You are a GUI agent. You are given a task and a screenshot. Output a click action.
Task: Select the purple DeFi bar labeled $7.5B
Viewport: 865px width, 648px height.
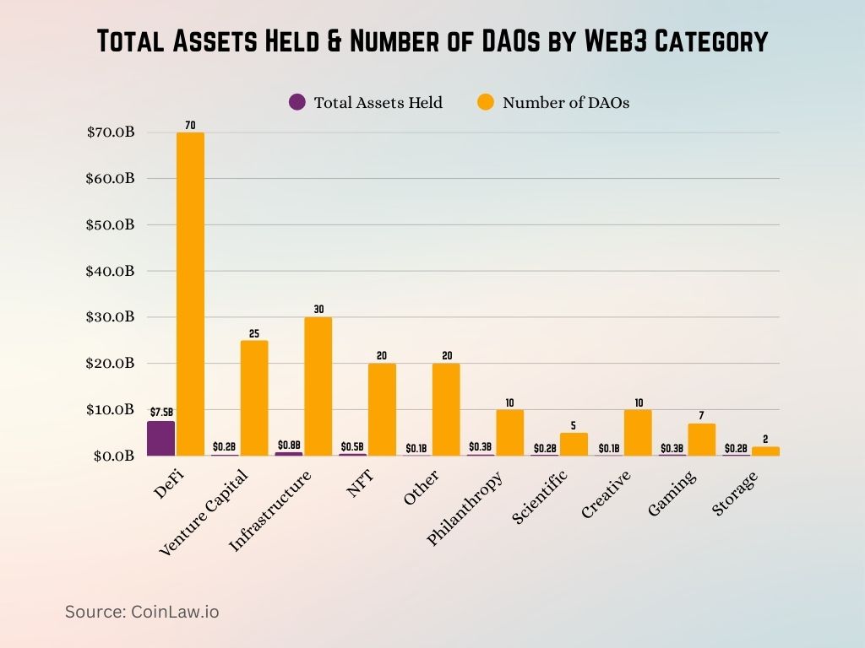tap(160, 438)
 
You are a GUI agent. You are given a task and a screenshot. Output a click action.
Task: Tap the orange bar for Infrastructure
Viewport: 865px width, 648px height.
tap(318, 386)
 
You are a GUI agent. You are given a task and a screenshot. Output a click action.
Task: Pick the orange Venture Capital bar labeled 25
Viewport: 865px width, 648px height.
tap(254, 398)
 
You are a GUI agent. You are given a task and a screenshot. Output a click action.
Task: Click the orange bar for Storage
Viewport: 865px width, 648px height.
tap(765, 451)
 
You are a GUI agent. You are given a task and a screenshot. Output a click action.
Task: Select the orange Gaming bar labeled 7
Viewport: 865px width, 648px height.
tap(702, 440)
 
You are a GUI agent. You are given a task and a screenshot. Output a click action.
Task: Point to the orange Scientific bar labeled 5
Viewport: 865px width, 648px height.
tap(574, 445)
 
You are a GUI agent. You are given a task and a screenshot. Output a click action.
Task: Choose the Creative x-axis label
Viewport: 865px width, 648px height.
tap(606, 494)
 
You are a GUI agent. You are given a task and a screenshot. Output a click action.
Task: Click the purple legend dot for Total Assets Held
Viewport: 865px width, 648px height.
tap(296, 102)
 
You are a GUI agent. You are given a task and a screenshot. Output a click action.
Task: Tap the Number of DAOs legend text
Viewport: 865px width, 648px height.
tap(566, 103)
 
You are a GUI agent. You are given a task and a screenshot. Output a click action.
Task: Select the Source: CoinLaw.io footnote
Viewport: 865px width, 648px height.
tap(142, 612)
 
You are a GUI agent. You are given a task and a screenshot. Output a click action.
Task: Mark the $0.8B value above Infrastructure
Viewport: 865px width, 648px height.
tap(289, 445)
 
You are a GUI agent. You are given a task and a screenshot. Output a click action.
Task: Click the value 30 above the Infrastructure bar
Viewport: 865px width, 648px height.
tap(318, 310)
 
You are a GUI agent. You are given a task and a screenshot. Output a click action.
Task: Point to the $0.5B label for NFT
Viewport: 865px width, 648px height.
tap(352, 446)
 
